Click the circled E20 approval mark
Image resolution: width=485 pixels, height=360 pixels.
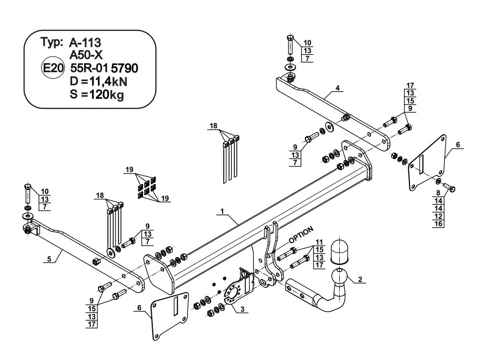53,68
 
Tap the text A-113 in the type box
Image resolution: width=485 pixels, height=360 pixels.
85,43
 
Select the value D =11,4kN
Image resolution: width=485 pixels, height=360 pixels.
98,82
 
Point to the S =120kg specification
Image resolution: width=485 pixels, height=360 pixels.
97,94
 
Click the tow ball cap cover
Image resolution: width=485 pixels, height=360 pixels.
339,251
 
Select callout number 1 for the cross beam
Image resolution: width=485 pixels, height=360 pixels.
222,211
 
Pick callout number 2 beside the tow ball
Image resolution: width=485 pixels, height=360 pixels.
360,279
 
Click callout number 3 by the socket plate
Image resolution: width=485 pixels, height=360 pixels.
242,309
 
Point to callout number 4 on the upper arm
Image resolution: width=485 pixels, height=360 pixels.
337,88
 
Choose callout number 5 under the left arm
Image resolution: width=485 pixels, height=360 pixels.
49,259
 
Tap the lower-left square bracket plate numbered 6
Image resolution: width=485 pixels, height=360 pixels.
170,316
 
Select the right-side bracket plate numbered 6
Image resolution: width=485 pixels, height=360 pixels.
427,163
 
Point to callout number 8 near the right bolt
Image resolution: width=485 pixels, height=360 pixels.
438,193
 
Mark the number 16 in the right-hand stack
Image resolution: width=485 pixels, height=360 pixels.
438,224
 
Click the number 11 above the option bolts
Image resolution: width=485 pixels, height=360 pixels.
319,242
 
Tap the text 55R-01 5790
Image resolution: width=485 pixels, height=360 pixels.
104,68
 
